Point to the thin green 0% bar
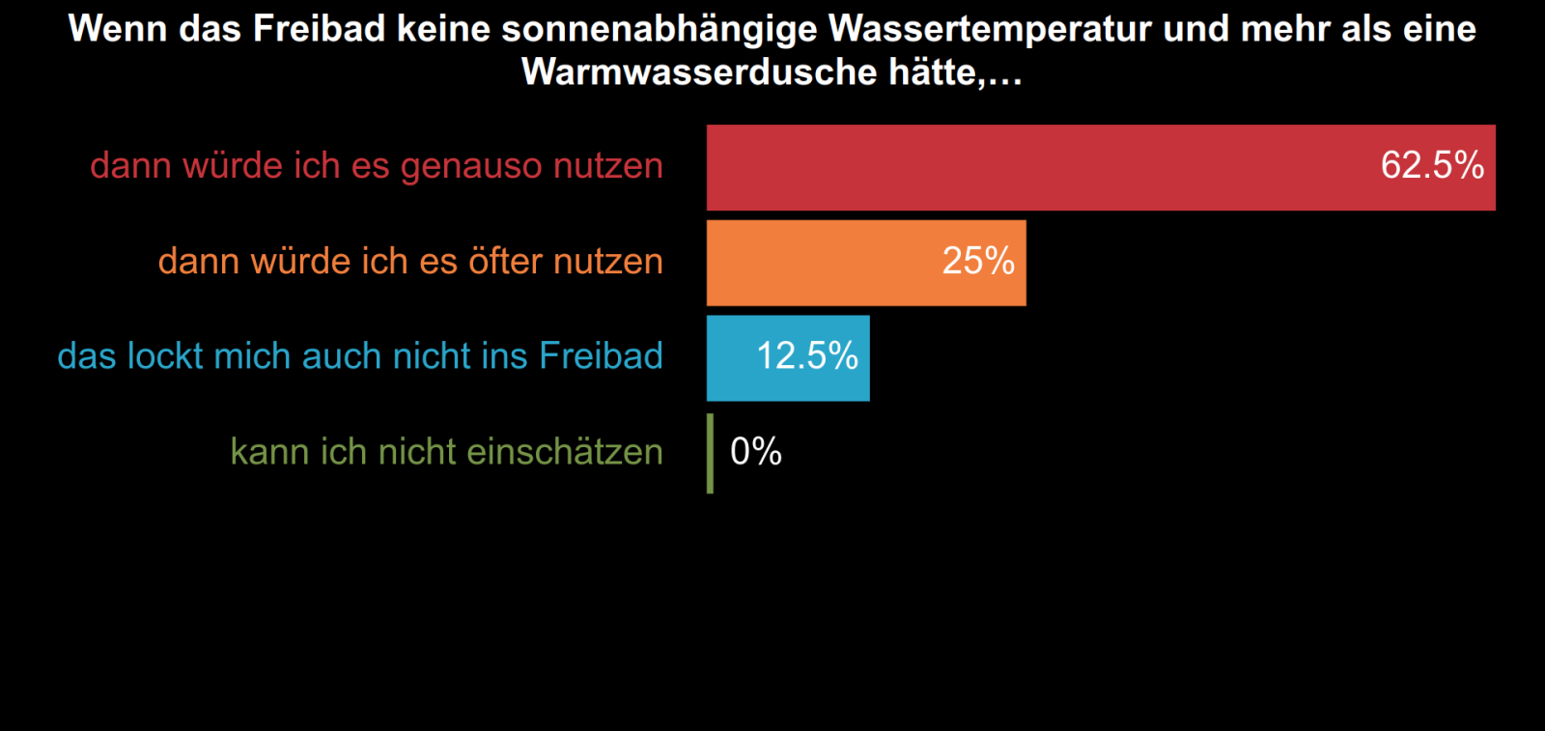point(711,453)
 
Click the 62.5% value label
point(1432,165)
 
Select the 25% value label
point(978,261)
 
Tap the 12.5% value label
point(807,356)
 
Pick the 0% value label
point(756,451)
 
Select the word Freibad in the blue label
point(601,356)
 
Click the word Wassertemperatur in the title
point(990,29)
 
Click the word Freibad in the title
point(320,29)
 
